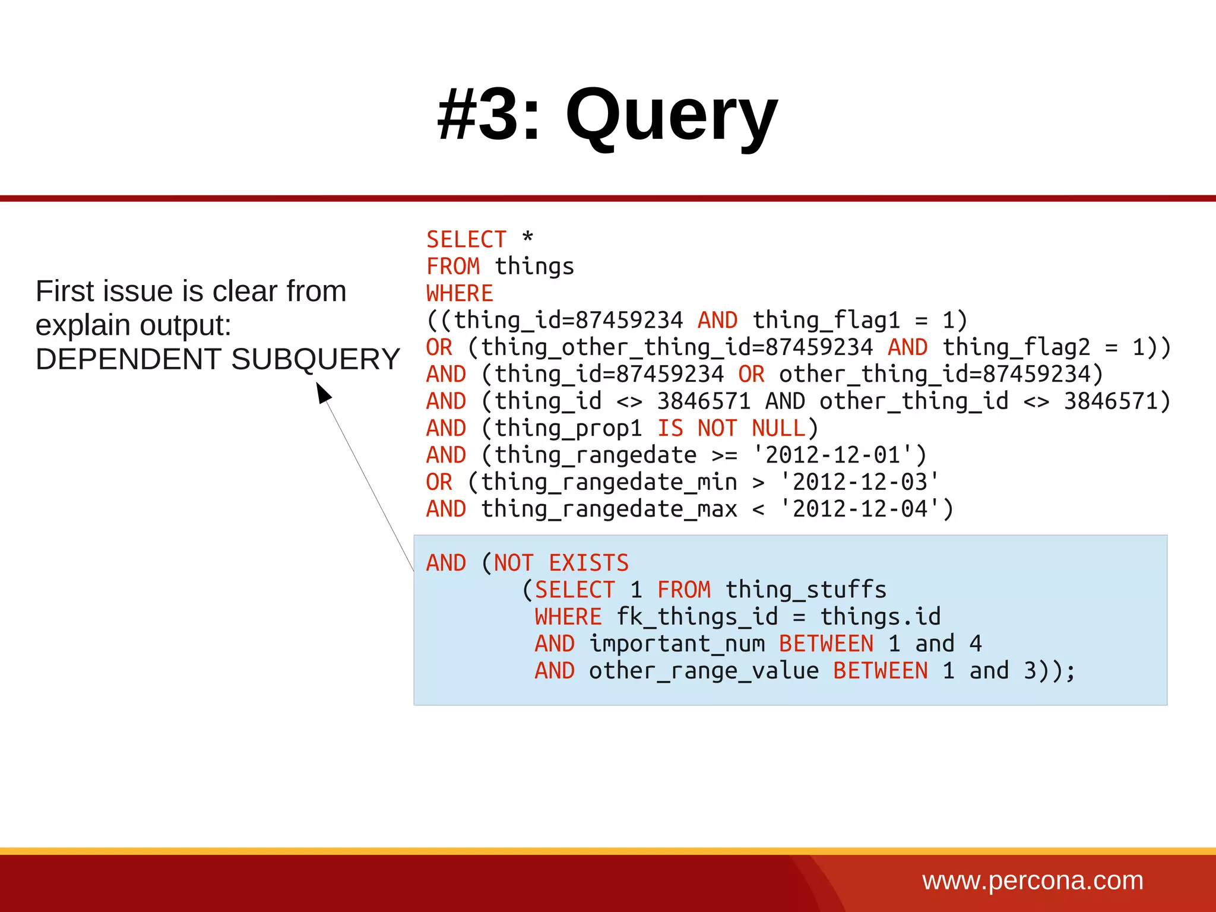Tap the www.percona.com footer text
click(1033, 881)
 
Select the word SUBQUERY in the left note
click(315, 359)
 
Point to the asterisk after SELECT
click(527, 237)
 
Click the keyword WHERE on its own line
click(460, 293)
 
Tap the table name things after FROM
click(534, 267)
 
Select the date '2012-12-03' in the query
click(860, 482)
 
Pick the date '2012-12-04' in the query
click(860, 509)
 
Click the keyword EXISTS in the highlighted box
click(588, 563)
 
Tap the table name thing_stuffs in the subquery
click(806, 590)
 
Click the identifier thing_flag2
click(1016, 347)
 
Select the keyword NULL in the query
click(778, 428)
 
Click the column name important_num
click(677, 644)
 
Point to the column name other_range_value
click(704, 671)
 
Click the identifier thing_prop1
click(568, 428)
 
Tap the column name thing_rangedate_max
click(609, 509)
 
